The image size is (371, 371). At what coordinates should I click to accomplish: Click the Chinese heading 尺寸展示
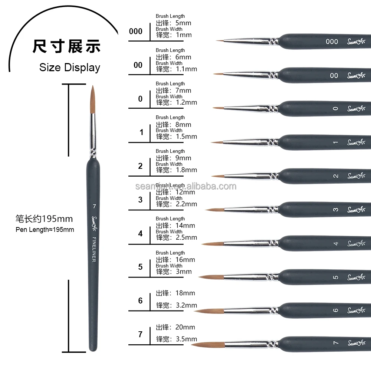coord(67,46)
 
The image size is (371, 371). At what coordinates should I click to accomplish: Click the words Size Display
coord(70,68)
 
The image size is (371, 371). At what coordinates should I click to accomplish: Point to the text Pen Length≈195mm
coord(45,230)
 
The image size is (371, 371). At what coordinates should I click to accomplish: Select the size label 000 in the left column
coord(136,32)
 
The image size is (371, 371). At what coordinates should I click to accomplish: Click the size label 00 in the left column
coord(138,65)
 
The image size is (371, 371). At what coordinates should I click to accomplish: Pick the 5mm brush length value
coord(183,23)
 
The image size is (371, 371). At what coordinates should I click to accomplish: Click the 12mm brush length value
coord(186,192)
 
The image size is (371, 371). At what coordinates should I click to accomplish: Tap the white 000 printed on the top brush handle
coord(332,42)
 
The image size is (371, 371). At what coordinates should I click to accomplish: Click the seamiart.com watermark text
coord(185,186)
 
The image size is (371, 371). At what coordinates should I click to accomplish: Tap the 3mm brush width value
coord(183,272)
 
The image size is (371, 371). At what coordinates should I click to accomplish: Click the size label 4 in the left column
coord(140,234)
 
